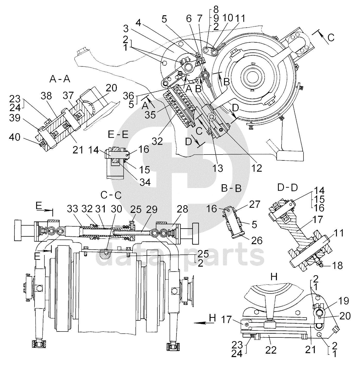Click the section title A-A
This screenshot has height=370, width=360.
coord(60,79)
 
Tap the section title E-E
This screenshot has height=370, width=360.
coord(118,135)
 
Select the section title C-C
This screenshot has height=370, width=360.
coord(111,195)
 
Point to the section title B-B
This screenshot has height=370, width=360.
coord(231,188)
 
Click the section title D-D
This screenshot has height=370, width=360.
coord(287,188)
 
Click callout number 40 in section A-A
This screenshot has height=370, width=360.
coord(15,137)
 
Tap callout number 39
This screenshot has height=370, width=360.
coord(15,118)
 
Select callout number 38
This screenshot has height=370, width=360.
coord(46,96)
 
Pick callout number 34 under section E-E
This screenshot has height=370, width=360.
coord(145,182)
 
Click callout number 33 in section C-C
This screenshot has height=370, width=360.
coord(73,209)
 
